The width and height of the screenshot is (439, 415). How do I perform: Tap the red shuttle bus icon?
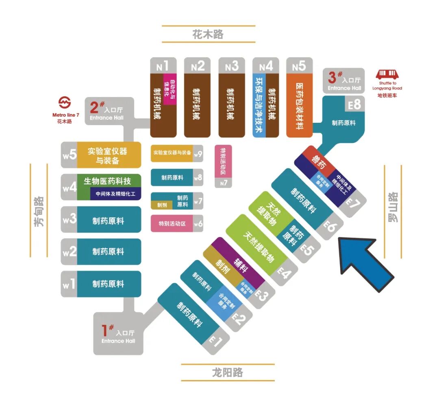coord(387,75)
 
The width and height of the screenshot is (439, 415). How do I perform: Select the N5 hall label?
coord(299,65)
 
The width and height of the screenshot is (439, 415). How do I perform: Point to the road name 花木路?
coord(208,34)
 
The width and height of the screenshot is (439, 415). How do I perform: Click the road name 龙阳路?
coord(227,372)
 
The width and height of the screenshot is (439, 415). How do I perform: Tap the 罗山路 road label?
coord(393,207)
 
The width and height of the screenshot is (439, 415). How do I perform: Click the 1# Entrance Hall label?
coord(118,334)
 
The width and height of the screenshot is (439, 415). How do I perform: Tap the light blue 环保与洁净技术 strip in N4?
coord(259,106)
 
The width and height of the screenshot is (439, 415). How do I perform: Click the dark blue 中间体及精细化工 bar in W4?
coord(115,194)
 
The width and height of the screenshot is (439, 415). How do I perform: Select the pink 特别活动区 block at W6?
coord(172,224)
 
